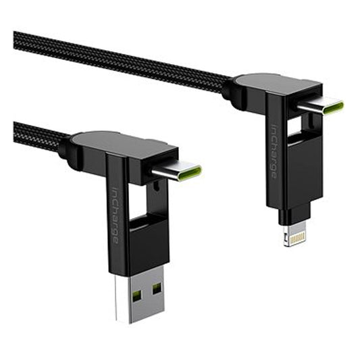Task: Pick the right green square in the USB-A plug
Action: pos(157,289)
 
